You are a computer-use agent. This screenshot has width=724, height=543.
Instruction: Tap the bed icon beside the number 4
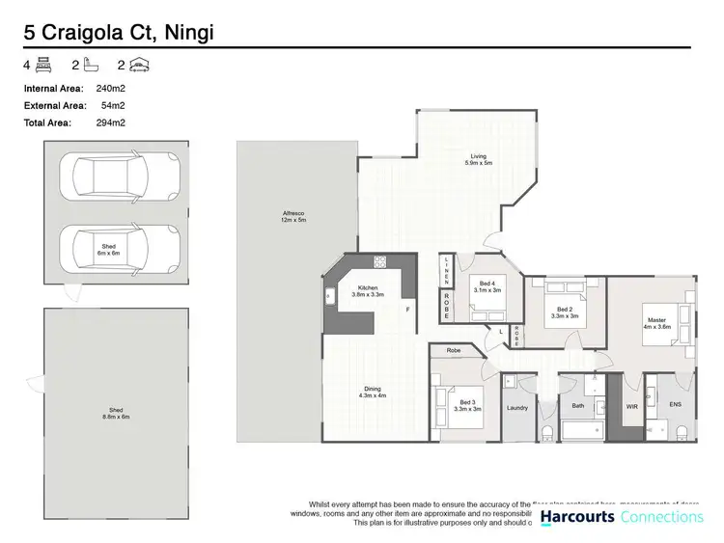pyautogui.click(x=43, y=66)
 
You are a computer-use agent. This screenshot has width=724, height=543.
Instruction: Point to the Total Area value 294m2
pyautogui.click(x=113, y=122)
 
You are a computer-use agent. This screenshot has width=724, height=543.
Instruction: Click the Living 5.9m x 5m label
pyautogui.click(x=478, y=160)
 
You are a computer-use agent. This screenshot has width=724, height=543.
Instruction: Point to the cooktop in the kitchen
pyautogui.click(x=380, y=260)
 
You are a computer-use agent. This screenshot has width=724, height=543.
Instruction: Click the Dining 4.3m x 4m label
pyautogui.click(x=373, y=393)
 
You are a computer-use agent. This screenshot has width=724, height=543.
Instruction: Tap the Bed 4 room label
pyautogui.click(x=487, y=286)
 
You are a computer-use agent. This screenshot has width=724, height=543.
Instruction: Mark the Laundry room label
pyautogui.click(x=517, y=408)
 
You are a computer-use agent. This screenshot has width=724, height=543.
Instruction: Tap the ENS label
pyautogui.click(x=676, y=405)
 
